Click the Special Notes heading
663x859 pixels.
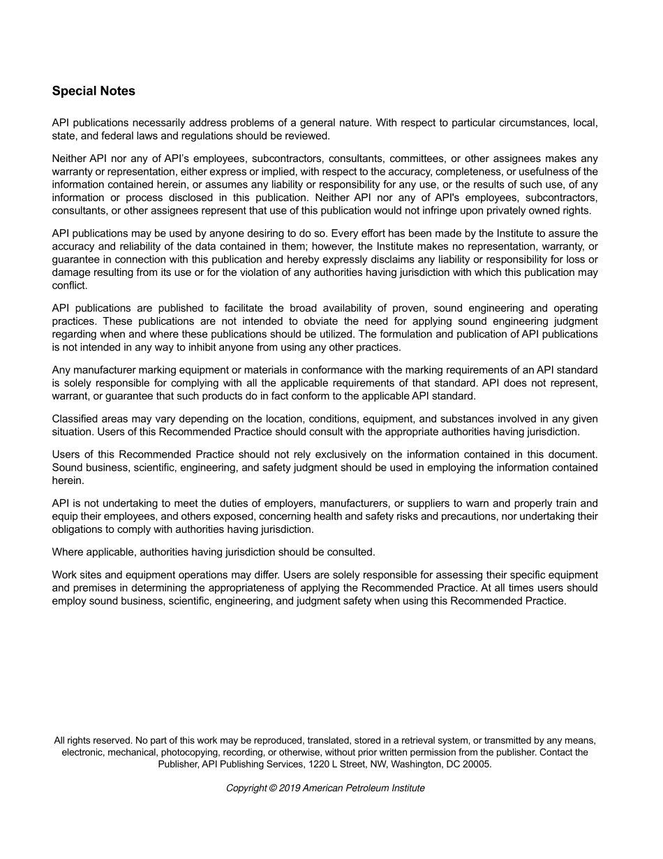(94, 91)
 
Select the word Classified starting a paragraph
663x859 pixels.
(75, 419)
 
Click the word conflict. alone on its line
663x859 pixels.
(70, 286)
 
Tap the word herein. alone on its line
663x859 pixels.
(68, 480)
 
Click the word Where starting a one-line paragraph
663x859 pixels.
(67, 552)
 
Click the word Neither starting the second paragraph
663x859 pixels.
(69, 159)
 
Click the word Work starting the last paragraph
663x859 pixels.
(65, 575)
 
